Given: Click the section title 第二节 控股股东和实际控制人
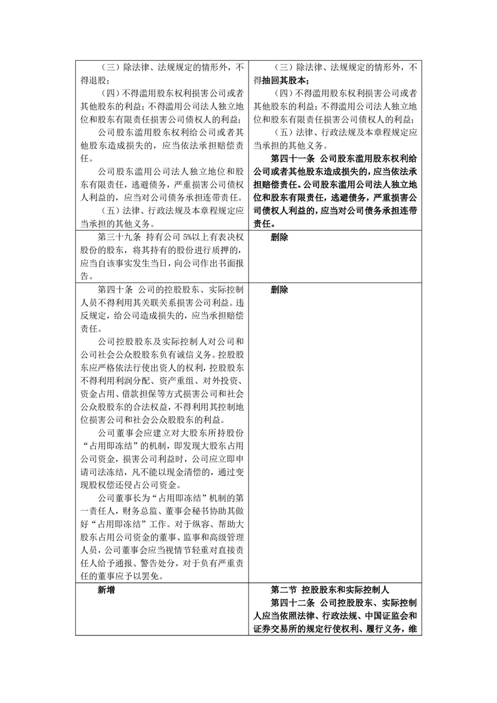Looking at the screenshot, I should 330,590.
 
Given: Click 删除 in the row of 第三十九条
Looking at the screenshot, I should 280,238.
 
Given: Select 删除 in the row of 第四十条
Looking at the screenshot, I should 280,291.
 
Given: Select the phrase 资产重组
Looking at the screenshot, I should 163,383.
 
